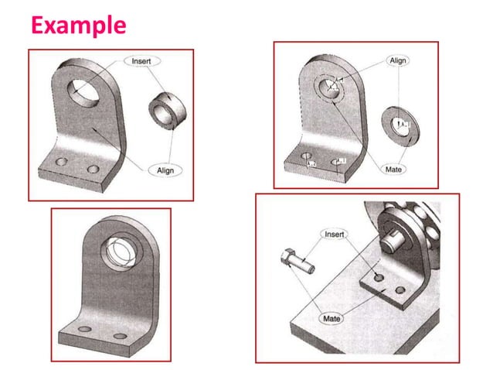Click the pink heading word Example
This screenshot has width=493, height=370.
78,26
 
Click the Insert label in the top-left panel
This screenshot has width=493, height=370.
141,61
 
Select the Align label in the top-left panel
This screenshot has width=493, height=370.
165,169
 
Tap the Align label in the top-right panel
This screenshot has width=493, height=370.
397,60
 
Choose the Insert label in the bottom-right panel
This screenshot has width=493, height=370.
334,234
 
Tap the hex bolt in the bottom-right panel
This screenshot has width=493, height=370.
297,259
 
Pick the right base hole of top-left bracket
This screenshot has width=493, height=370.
93,170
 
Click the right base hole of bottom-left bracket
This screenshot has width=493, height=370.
120,337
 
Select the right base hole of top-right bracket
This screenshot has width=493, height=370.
338,161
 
